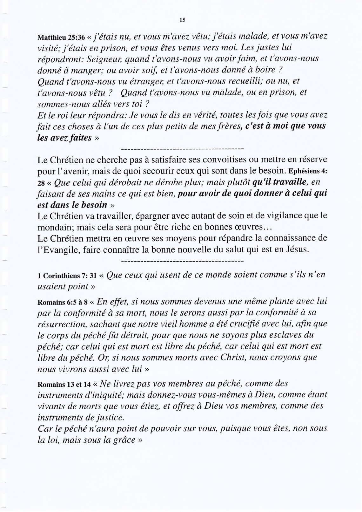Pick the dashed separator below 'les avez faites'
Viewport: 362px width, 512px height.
tap(182, 148)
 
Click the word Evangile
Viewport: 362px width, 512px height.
tap(60, 249)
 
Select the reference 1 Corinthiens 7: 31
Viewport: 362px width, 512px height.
tap(67, 276)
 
